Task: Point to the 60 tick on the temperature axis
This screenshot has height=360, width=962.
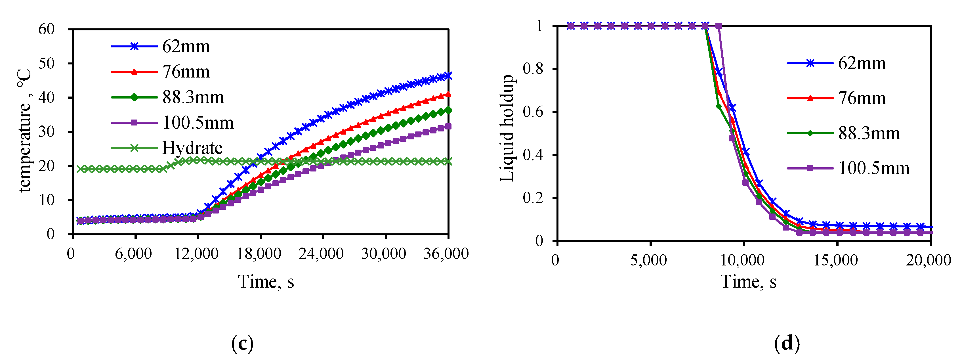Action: click(x=47, y=29)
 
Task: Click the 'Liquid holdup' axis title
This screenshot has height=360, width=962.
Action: click(x=507, y=128)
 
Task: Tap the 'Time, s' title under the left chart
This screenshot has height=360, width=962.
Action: click(x=266, y=282)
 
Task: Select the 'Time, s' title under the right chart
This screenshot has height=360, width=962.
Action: click(x=748, y=282)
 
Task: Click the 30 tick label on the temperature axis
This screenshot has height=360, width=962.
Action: click(x=47, y=132)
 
